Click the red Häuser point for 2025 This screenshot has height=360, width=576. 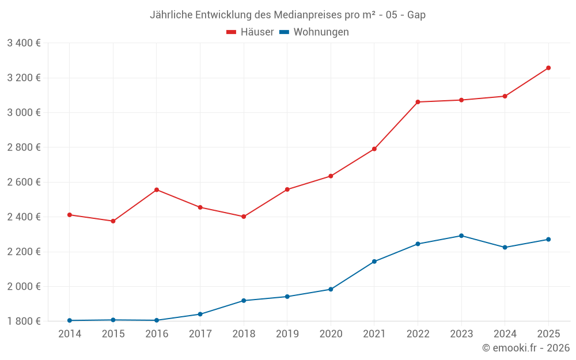548,68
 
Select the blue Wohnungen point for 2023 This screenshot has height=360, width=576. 461,236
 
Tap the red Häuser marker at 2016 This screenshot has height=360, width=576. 157,190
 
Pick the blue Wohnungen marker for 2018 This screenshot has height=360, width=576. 244,301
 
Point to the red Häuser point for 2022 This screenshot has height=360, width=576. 418,102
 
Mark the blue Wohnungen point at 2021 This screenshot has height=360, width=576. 374,262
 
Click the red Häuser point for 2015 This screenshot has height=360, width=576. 113,221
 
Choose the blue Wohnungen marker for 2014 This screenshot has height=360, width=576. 70,320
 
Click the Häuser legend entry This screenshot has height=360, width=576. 250,32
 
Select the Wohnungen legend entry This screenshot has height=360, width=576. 314,32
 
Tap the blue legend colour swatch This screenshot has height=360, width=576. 285,32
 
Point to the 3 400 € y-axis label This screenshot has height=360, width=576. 24,43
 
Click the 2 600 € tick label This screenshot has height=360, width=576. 24,182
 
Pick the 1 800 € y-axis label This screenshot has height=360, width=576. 24,321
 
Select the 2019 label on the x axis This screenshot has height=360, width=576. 287,334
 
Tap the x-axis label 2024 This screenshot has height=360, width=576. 505,334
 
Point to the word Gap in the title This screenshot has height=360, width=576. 416,15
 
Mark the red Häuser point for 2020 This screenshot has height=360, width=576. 331,176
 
